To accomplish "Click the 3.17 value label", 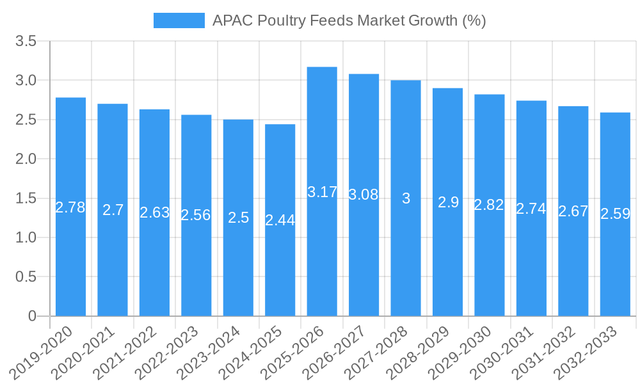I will click(322, 192).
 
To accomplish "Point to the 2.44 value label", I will click(280, 220).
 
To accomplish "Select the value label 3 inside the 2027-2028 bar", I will click(406, 198).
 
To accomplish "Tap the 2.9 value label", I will click(448, 202).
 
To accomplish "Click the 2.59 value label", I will click(615, 214).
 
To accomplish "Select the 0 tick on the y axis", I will click(33, 316).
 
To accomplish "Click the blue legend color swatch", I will click(179, 20).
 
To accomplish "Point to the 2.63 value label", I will click(154, 212).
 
